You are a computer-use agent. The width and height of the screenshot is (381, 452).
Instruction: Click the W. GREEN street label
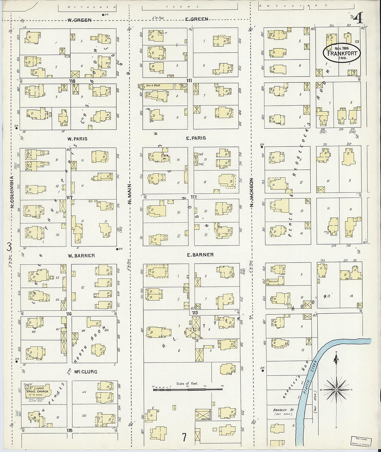pyautogui.click(x=79, y=20)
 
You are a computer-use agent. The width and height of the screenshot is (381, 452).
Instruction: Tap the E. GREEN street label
pyautogui.click(x=197, y=19)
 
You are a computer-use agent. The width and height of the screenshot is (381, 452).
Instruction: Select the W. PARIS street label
pyautogui.click(x=77, y=139)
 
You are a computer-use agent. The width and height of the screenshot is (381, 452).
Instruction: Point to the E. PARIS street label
pyautogui.click(x=196, y=138)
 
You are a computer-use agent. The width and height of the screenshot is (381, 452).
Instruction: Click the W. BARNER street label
pyautogui.click(x=81, y=256)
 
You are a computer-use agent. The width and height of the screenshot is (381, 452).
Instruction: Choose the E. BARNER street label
pyautogui.click(x=200, y=255)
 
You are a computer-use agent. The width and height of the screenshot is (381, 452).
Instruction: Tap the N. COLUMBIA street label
pyautogui.click(x=11, y=192)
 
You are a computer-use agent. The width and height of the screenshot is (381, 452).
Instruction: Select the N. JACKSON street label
pyautogui.click(x=252, y=193)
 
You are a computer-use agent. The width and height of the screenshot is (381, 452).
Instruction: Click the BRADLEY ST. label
pyautogui.click(x=283, y=410)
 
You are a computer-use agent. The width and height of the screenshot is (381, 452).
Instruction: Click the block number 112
pyautogui.click(x=193, y=197)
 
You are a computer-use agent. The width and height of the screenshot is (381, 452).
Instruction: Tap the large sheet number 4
pyautogui.click(x=358, y=18)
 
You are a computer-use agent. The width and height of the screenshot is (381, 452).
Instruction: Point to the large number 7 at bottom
pyautogui.click(x=184, y=437)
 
